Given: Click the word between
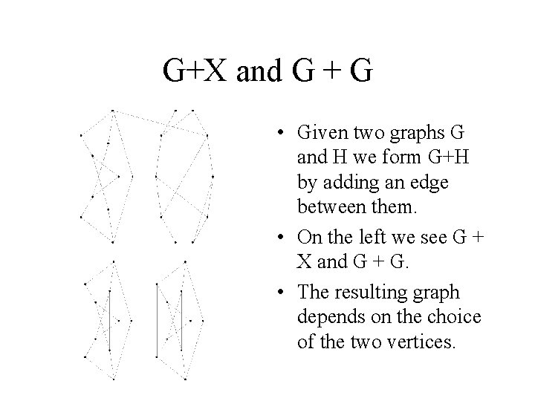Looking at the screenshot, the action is tap(328, 203).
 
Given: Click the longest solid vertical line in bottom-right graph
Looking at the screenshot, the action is tap(157, 321).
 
